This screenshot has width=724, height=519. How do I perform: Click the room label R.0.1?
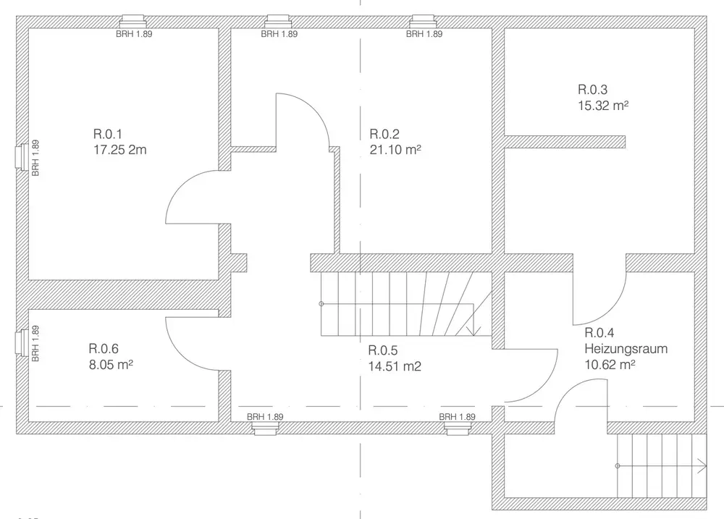[x=108, y=134]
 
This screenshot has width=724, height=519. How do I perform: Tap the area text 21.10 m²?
[x=395, y=150]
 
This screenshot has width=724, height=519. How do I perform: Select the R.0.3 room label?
[x=593, y=89]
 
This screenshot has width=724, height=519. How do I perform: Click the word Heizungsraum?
[x=626, y=349]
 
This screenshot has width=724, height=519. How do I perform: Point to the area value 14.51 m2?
[x=395, y=366]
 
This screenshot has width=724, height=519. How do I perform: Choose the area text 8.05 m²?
[x=111, y=365]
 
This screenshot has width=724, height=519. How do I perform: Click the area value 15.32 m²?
[x=603, y=105]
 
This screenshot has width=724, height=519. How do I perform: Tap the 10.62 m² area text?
[x=610, y=365]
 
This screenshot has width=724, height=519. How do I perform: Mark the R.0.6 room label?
[x=104, y=349]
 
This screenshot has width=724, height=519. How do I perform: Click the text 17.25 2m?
[x=120, y=150]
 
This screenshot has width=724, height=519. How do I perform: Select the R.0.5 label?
[x=383, y=350]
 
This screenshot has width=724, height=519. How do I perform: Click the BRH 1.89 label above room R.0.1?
[x=134, y=34]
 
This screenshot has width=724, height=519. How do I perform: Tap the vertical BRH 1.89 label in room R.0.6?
[x=35, y=344]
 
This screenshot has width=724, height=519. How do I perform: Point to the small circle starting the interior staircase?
[x=321, y=304]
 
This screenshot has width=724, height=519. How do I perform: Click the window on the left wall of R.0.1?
[x=22, y=158]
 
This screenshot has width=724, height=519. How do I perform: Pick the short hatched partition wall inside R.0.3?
[x=565, y=142]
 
